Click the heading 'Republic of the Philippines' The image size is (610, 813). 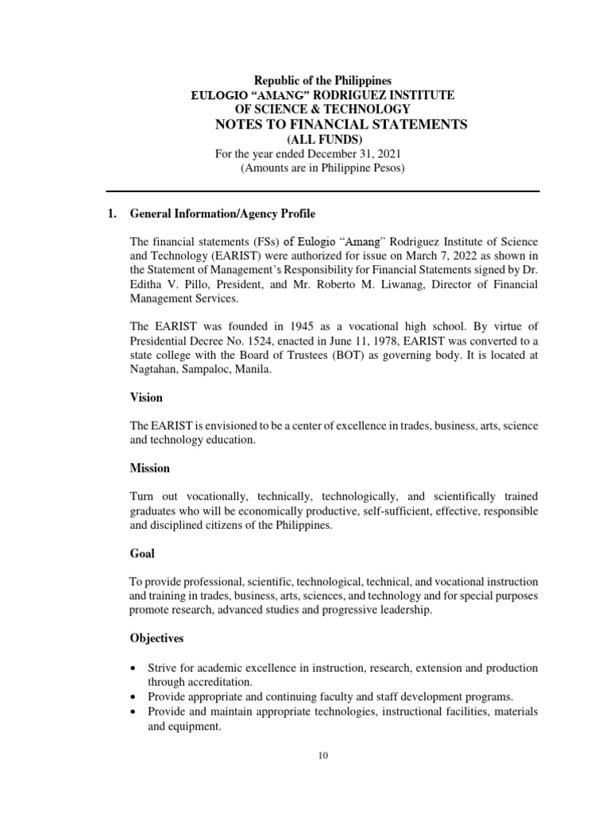[x=322, y=80]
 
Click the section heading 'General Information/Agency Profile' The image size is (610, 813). [x=222, y=214]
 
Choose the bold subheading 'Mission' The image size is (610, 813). [x=149, y=468]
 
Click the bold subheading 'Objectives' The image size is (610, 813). [x=156, y=638]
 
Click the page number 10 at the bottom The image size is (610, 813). [x=322, y=756]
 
